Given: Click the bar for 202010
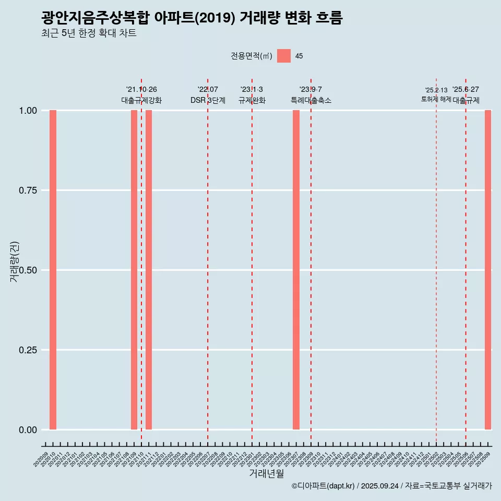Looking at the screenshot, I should [x=53, y=270].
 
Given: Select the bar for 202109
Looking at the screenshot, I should [x=134, y=270].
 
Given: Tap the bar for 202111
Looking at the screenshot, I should [x=149, y=270].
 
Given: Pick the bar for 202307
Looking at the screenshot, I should [x=296, y=270].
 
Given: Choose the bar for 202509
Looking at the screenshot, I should [x=488, y=270].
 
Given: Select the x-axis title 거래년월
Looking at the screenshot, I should [x=266, y=473].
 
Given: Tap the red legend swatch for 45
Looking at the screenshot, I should [x=284, y=56].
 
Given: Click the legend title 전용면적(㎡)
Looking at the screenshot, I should [x=252, y=56].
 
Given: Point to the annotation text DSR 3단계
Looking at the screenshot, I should [x=208, y=100].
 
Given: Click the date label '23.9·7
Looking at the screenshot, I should [x=311, y=90].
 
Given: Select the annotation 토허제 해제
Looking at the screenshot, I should [x=436, y=99].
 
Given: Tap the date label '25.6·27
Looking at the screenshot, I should [x=466, y=90].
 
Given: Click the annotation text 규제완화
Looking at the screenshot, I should [x=252, y=100].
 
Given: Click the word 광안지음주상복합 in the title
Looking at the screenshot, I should [x=96, y=18].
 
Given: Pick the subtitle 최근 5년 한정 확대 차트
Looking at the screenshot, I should [x=89, y=34].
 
